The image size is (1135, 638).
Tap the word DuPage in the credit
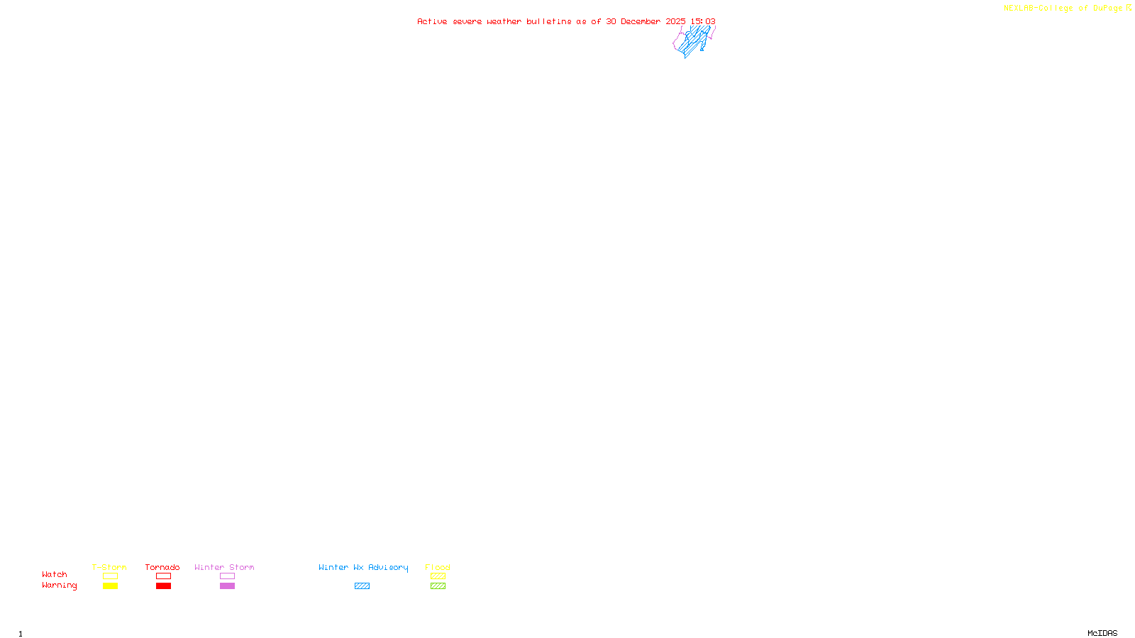(x=1107, y=9)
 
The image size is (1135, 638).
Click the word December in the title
(x=640, y=22)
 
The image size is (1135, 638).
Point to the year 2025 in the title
(x=675, y=22)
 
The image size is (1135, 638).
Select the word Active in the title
(x=432, y=22)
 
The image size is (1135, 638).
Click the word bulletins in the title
(x=548, y=22)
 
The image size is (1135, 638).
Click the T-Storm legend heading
(x=109, y=567)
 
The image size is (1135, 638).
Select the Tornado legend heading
(x=162, y=567)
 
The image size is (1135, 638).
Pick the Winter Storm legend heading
(x=224, y=567)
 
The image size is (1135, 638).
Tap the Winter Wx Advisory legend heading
(x=363, y=567)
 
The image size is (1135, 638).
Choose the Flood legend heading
(x=438, y=567)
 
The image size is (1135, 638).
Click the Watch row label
(x=55, y=575)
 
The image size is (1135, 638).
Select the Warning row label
(x=60, y=586)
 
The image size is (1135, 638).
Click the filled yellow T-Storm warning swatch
(x=110, y=586)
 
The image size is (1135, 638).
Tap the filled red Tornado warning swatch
(x=163, y=586)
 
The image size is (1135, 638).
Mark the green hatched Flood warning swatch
(x=438, y=586)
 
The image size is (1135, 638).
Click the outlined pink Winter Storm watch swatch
(x=227, y=576)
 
